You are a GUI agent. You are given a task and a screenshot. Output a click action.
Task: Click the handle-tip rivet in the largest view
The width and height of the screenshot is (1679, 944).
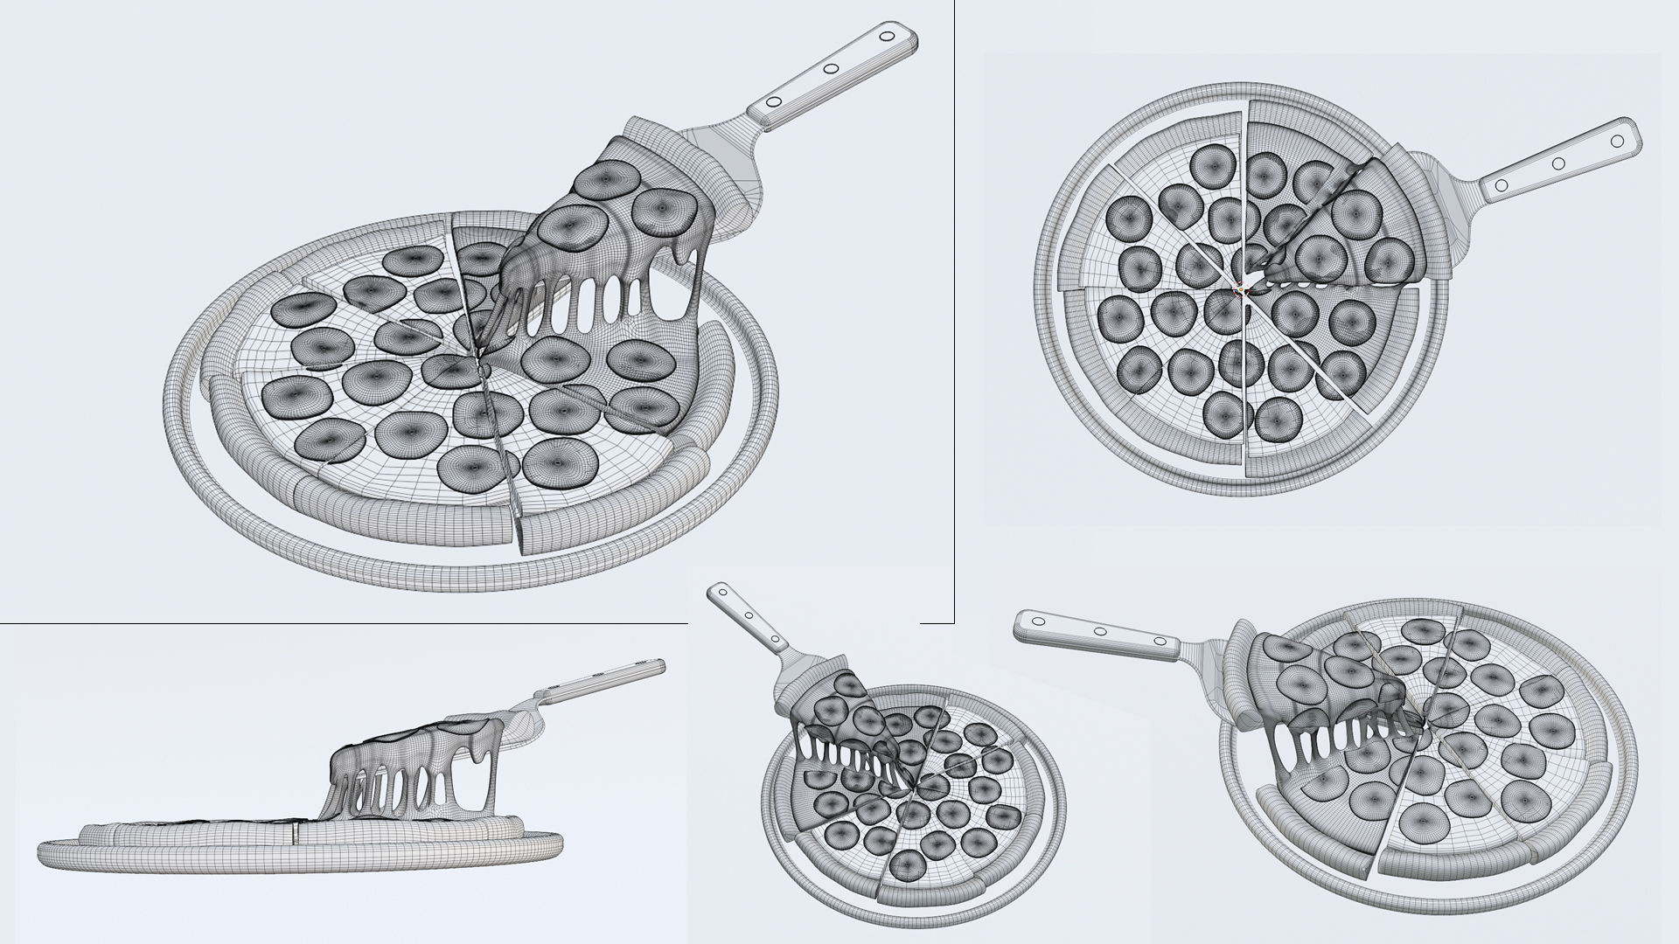coord(887,38)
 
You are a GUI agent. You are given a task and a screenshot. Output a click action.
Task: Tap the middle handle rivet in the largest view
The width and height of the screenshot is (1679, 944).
coord(832,69)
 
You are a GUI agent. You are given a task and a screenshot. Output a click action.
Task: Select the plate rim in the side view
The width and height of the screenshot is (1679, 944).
coord(297,861)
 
